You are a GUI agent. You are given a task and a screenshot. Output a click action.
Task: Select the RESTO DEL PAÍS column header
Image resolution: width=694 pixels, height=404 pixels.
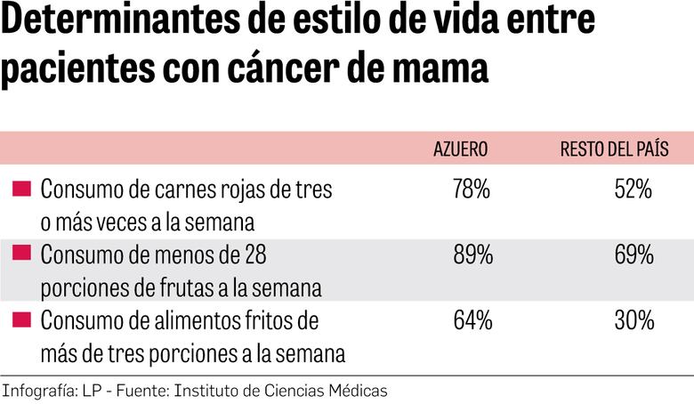[614, 149]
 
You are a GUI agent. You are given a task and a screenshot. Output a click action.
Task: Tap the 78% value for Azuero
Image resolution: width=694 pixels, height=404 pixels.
[472, 190]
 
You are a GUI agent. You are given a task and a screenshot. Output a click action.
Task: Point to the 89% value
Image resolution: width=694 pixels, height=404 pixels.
[472, 255]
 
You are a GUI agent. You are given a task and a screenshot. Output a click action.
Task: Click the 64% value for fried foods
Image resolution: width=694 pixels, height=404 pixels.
[472, 321]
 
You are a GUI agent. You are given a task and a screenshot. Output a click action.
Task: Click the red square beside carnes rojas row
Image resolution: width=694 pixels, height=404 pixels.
[22, 188]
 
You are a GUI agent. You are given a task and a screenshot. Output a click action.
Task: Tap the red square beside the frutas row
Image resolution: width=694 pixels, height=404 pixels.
[22, 254]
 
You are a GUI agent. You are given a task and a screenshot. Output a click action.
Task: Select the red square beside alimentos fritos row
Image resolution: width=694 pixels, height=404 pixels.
[22, 319]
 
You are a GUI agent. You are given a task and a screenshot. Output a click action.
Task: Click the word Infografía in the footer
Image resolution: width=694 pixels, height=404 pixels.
[37, 391]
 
